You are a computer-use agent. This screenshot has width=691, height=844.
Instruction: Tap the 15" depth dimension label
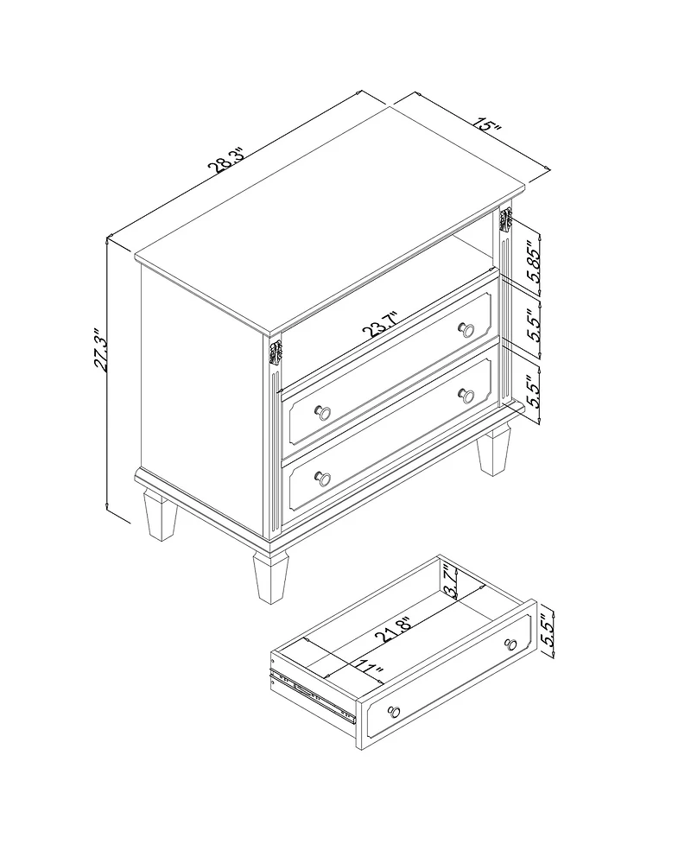488,126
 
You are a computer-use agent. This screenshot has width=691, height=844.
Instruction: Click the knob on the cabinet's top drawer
466,329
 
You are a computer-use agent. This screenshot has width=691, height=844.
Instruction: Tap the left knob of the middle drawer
324,412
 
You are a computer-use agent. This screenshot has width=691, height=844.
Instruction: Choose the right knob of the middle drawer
467,395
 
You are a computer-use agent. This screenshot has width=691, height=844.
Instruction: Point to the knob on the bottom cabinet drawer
324,477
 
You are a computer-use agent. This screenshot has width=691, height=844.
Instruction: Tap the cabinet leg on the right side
493,452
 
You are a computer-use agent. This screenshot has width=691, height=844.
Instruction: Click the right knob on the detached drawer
511,644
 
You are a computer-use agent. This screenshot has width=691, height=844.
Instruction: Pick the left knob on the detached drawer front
395,713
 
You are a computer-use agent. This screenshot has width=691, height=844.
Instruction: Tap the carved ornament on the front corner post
276,353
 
